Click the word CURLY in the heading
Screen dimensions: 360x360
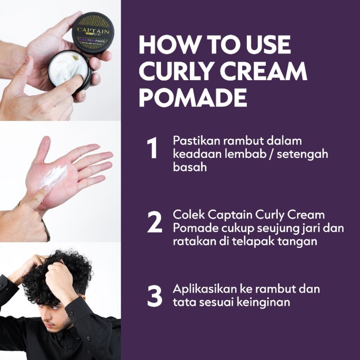(x=178, y=72)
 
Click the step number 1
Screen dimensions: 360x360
(x=152, y=149)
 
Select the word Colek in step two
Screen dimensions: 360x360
(x=187, y=214)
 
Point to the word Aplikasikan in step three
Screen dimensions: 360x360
(x=205, y=289)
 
